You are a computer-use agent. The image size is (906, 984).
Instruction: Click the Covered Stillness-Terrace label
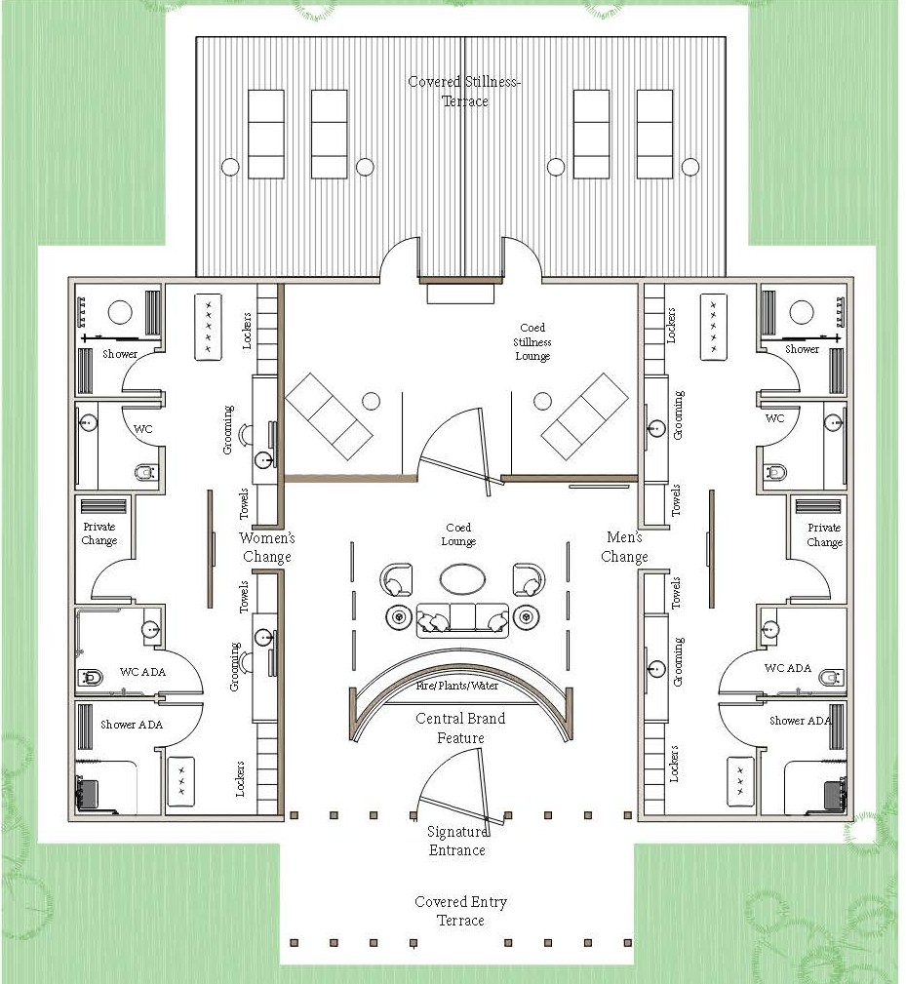tap(463, 91)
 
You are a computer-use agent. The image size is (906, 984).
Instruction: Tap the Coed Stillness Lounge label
tap(532, 342)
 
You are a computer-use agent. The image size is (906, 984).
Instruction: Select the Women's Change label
tap(266, 547)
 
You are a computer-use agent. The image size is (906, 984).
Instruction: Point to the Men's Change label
tap(624, 547)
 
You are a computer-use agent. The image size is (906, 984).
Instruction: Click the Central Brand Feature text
tap(460, 728)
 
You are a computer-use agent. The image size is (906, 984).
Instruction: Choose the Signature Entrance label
tap(456, 841)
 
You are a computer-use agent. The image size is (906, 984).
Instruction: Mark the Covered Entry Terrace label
tap(460, 911)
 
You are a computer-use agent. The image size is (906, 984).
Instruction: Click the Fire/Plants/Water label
tap(457, 686)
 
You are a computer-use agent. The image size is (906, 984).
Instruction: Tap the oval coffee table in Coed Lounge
tap(462, 578)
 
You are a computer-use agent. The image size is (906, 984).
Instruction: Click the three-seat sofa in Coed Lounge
tap(462, 620)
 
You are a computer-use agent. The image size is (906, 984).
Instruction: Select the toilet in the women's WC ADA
tap(91, 678)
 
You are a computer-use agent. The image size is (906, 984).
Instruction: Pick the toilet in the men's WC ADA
tap(832, 677)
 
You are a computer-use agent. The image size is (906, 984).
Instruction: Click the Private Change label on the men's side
tap(824, 534)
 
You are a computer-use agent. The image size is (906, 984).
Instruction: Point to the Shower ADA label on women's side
tap(132, 725)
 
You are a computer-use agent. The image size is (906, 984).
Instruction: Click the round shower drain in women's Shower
tap(120, 312)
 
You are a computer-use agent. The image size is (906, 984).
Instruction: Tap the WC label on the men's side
tap(775, 418)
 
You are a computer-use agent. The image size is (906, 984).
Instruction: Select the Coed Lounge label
tap(458, 534)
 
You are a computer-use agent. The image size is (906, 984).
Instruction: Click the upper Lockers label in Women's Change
tap(247, 331)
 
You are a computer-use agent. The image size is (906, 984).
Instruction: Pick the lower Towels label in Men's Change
tap(676, 593)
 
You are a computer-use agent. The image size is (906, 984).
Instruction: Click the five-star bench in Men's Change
tap(713, 327)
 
